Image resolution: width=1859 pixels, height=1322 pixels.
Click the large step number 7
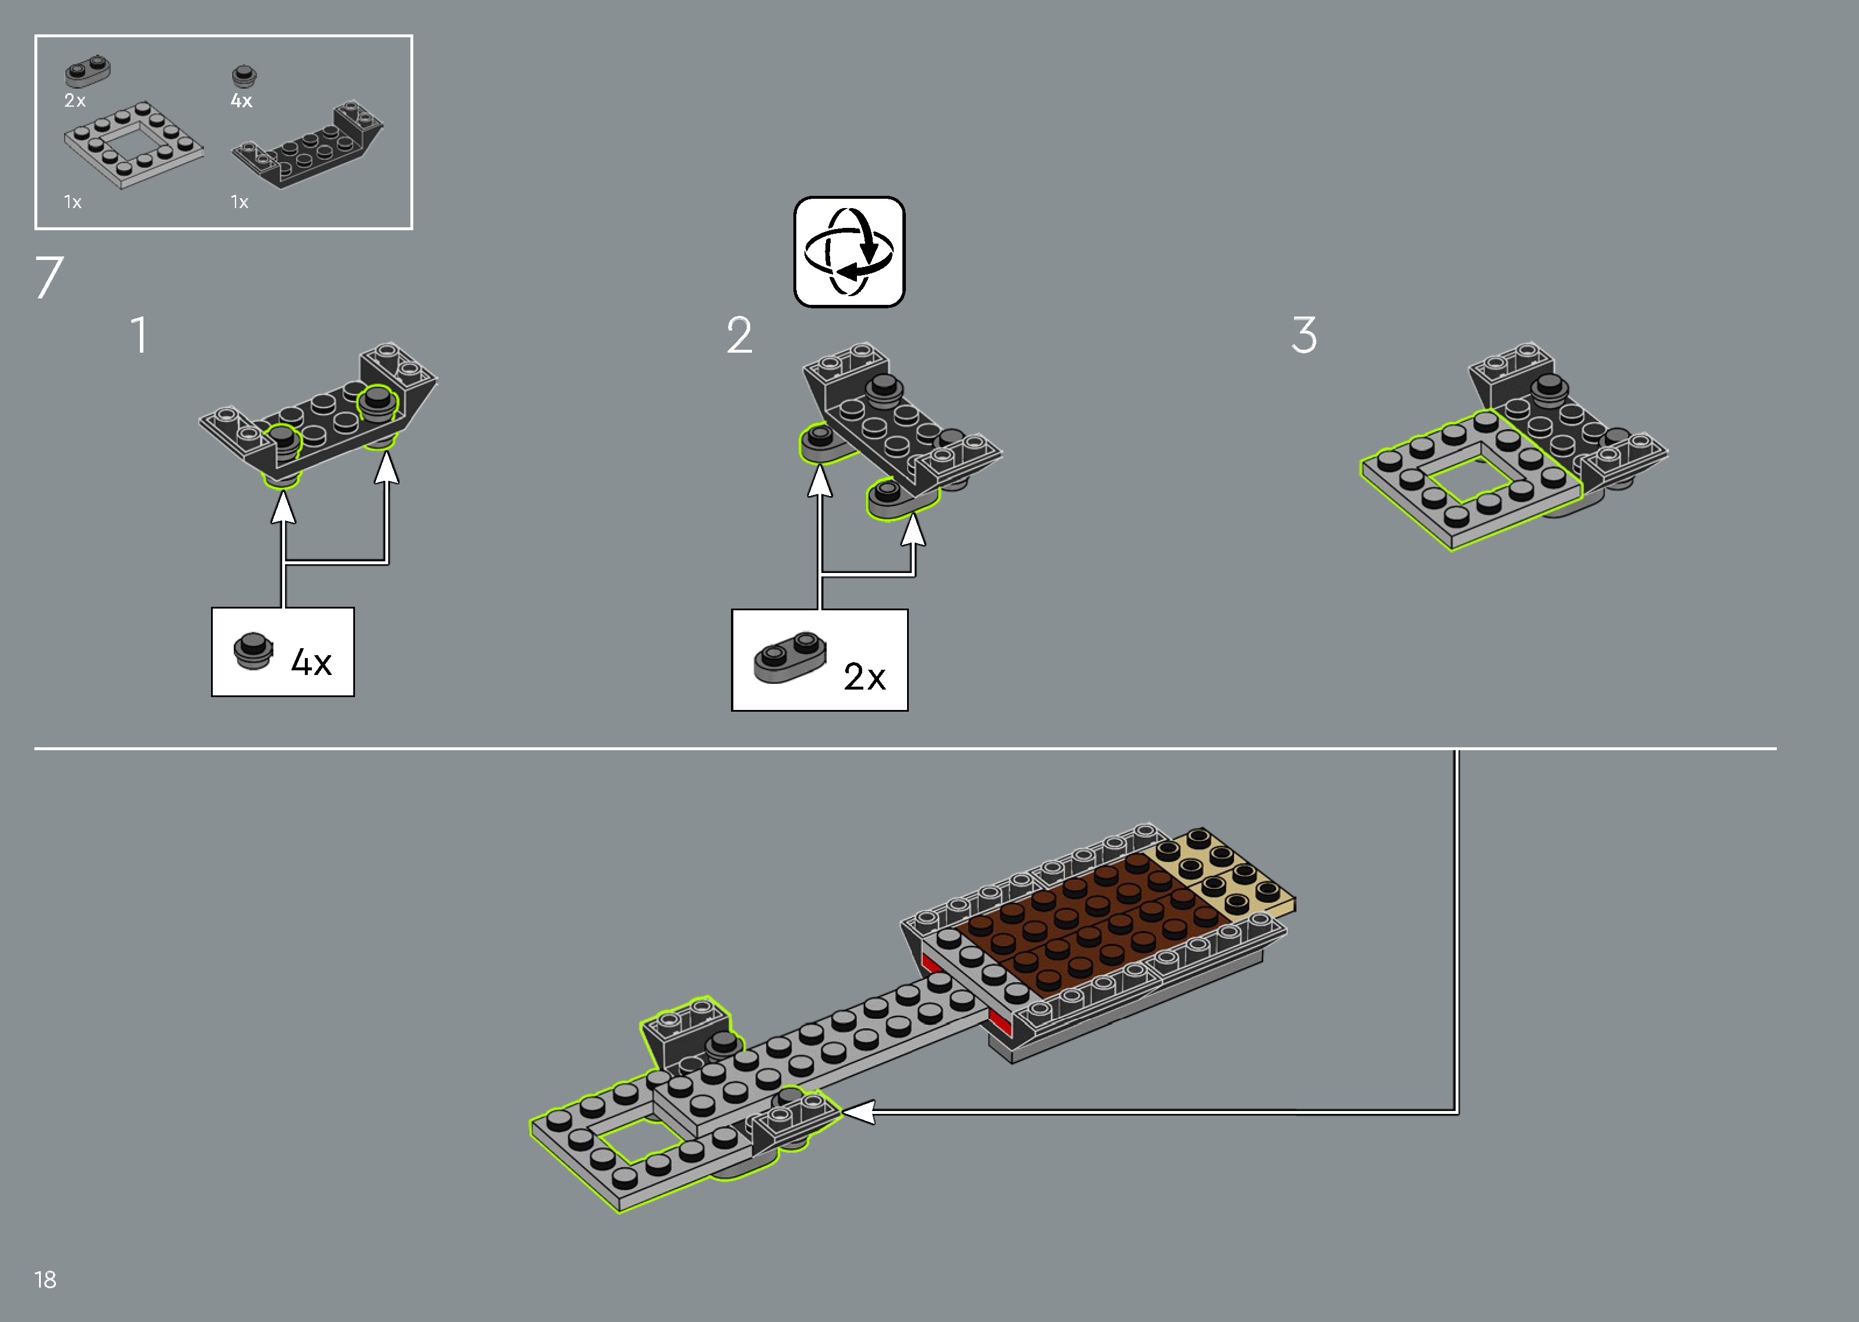pos(49,277)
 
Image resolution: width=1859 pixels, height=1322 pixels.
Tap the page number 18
pos(45,1279)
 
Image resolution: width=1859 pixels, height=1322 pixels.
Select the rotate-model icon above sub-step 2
pos(849,252)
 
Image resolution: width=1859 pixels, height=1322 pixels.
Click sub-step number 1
pos(140,335)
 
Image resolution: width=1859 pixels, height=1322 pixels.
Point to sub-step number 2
pos(739,335)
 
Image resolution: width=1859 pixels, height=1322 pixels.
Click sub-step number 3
pos(1304,335)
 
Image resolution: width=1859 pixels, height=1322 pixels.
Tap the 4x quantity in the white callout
pos(311,663)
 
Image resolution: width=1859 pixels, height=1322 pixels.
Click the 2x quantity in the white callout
pos(863,677)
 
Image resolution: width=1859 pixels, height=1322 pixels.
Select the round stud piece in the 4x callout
pos(252,651)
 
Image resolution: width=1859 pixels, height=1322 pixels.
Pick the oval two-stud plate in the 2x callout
pos(789,656)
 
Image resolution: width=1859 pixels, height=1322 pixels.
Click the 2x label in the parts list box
pos(75,101)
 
